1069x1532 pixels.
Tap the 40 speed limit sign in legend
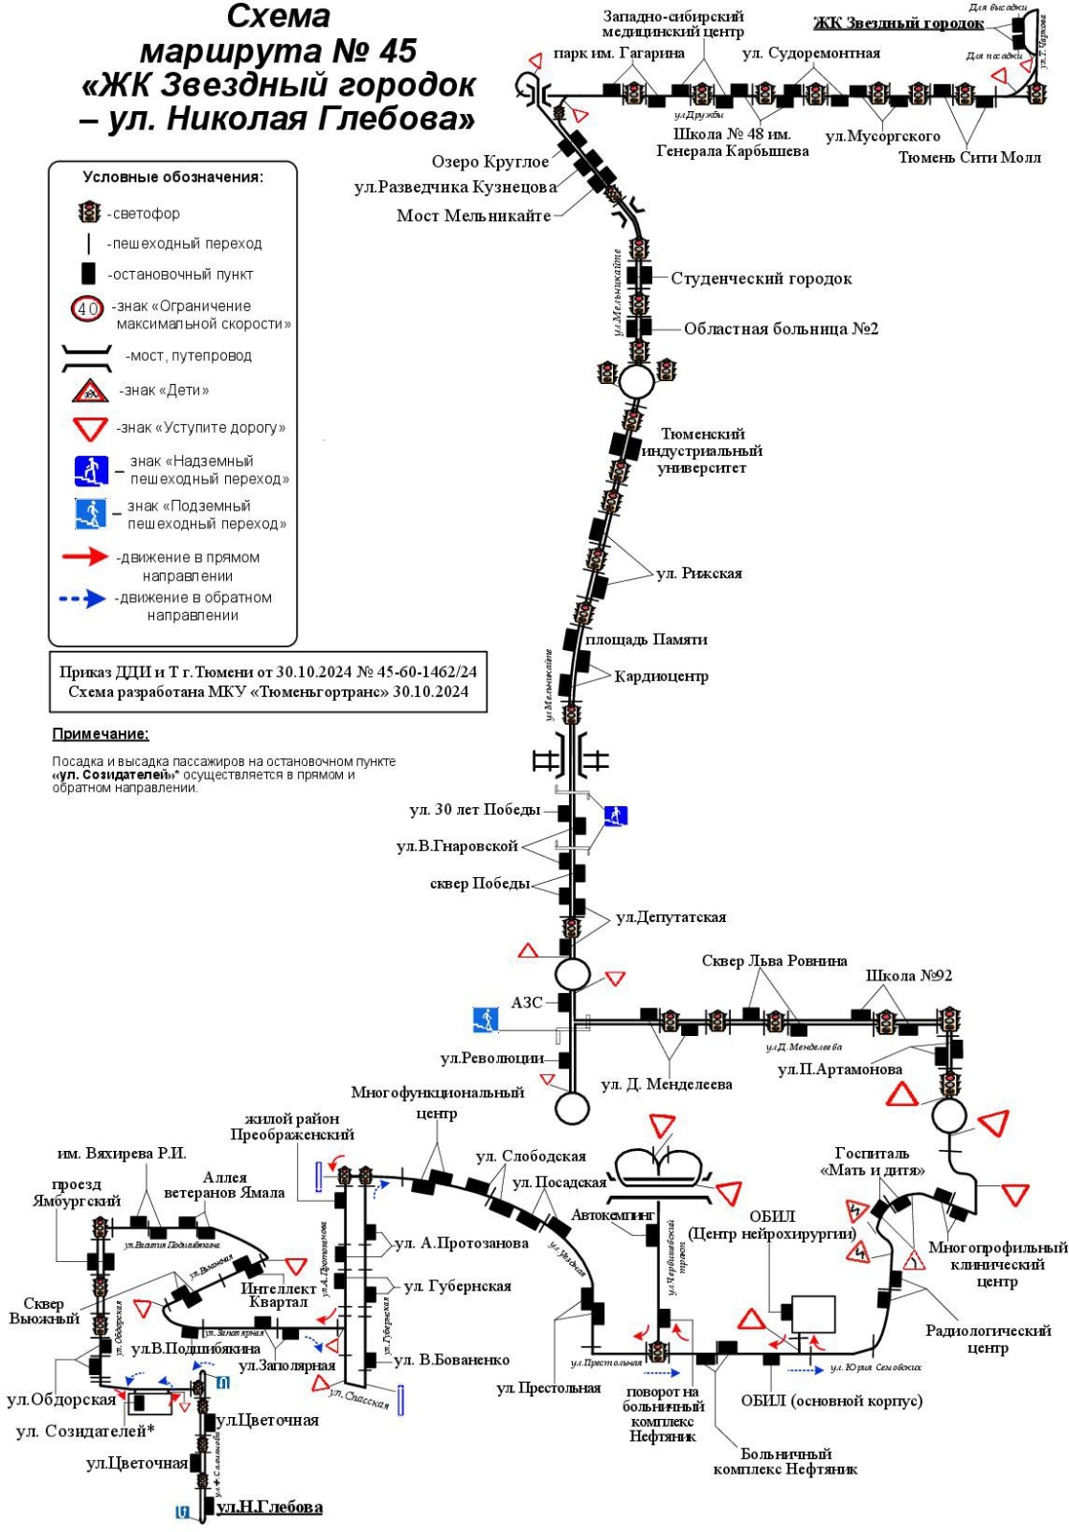(88, 308)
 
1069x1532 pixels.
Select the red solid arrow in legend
(84, 556)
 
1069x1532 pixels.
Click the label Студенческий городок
(761, 279)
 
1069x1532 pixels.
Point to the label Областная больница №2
(781, 328)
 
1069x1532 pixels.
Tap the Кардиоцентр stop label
(661, 676)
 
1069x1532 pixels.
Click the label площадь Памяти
(647, 639)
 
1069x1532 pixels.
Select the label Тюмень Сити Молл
(968, 157)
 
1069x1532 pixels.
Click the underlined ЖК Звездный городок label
(898, 23)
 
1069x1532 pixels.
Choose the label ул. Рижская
(699, 574)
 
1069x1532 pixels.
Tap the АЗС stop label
(527, 1003)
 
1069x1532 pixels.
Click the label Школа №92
(908, 976)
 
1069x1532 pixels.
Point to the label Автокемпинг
(613, 1215)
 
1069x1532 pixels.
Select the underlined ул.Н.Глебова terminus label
(269, 1507)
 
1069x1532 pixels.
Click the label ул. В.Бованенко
(451, 1360)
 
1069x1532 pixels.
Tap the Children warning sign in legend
(90, 390)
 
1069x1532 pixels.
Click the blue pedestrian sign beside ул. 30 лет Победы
(615, 815)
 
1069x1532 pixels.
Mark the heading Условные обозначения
(172, 177)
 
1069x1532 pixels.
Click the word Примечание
(101, 734)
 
